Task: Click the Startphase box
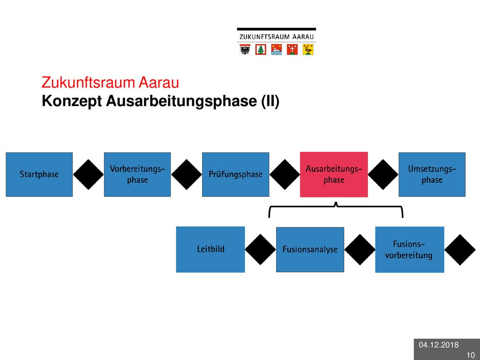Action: click(39, 174)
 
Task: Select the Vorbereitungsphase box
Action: click(137, 174)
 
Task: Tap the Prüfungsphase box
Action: click(236, 174)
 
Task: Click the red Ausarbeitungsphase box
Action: click(334, 174)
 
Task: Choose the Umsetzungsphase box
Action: click(432, 174)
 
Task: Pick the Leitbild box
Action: click(210, 249)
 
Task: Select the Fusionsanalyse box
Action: click(310, 249)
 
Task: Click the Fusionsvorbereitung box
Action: click(410, 249)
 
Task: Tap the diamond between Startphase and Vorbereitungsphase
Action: click(89, 174)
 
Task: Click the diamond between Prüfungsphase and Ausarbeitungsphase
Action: click(285, 174)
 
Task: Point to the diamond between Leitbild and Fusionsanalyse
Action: click(261, 249)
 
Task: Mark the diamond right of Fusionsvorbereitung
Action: click(460, 249)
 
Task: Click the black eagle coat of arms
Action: click(245, 50)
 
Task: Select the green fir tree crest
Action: click(261, 50)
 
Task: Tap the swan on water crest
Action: click(277, 50)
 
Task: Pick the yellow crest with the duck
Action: click(308, 50)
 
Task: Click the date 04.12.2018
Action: click(439, 345)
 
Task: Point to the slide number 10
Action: click(471, 355)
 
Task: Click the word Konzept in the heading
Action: click(72, 101)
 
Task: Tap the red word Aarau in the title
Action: click(158, 82)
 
